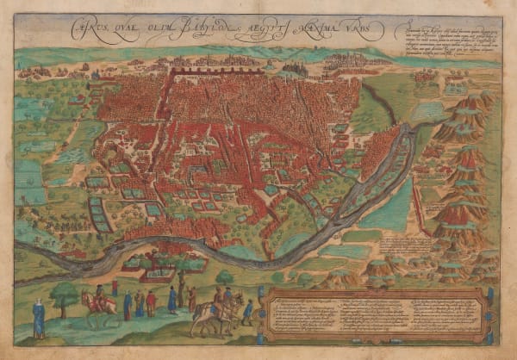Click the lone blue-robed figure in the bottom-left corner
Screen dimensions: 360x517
point(39,318)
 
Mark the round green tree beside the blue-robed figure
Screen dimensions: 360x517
point(64,297)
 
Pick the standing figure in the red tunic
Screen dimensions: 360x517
point(151,302)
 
